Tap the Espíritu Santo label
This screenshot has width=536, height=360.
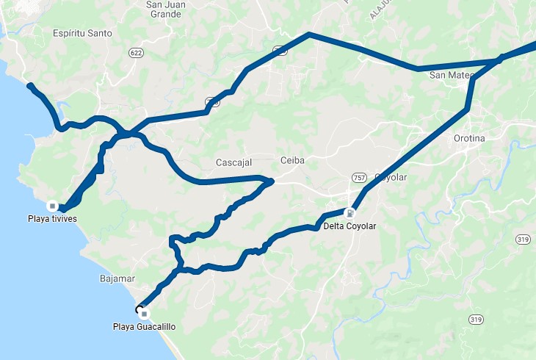(x=84, y=33)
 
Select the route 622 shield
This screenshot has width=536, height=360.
(x=134, y=53)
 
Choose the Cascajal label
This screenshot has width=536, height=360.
(x=234, y=162)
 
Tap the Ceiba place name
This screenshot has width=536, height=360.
(x=292, y=160)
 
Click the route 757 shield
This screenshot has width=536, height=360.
(x=360, y=178)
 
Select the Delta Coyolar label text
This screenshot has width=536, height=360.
(x=350, y=226)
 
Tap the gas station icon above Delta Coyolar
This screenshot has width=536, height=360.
(x=350, y=214)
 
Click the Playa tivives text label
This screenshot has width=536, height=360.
(x=52, y=219)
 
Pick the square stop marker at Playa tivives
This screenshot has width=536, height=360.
(x=52, y=205)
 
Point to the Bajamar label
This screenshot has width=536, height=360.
(x=115, y=279)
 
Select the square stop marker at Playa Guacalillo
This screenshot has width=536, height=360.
(x=144, y=314)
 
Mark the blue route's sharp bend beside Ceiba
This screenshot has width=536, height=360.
(x=271, y=179)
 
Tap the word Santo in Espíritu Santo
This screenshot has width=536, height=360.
(x=102, y=33)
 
